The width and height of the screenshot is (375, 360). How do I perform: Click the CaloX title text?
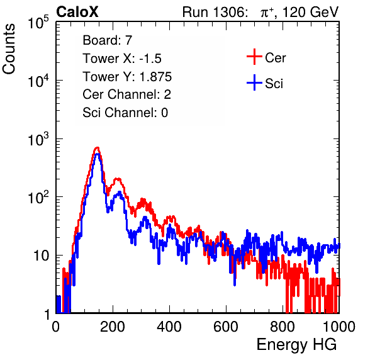pos(77,12)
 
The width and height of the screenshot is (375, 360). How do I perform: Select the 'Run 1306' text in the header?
pos(214,12)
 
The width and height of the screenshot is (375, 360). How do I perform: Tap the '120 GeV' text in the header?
pos(310,12)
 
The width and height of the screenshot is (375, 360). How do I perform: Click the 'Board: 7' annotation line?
pos(107,40)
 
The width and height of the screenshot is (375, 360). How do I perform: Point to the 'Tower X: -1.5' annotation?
pos(122,59)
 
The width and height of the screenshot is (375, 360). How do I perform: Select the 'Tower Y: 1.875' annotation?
pos(127,77)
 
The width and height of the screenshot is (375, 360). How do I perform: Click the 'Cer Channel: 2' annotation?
pos(126,94)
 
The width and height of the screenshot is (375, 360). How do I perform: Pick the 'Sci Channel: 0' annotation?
pos(125,113)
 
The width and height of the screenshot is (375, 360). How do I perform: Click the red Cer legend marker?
pos(254,57)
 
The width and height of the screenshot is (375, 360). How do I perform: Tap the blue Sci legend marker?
pos(254,83)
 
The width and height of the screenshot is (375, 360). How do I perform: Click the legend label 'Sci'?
pos(274,84)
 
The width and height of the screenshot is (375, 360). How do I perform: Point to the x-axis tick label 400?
pos(169,326)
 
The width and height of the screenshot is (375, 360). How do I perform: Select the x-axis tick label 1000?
pos(339,326)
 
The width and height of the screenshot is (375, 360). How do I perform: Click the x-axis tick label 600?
pos(226,326)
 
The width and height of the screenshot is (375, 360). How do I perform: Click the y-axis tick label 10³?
pos(38,139)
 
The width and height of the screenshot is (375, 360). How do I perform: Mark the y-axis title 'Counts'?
pos(9,49)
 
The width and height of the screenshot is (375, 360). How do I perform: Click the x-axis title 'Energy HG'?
pos(296,345)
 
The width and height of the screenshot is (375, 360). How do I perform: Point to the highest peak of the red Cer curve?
pos(97,148)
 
